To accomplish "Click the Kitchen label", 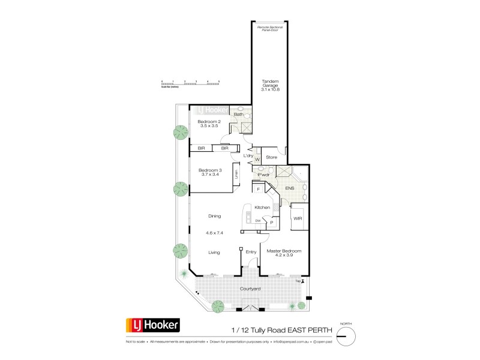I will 262,207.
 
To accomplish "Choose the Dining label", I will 214,216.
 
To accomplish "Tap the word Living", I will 214,253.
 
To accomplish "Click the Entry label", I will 251,252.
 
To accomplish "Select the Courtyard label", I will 250,289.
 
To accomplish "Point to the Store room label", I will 271,157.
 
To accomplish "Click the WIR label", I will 297,218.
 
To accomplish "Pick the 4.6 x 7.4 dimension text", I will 214,232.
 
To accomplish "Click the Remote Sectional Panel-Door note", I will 269,28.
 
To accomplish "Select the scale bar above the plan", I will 190,83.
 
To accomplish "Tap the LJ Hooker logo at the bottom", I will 152,326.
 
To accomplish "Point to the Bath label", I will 238,114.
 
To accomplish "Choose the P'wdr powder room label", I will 258,176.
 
